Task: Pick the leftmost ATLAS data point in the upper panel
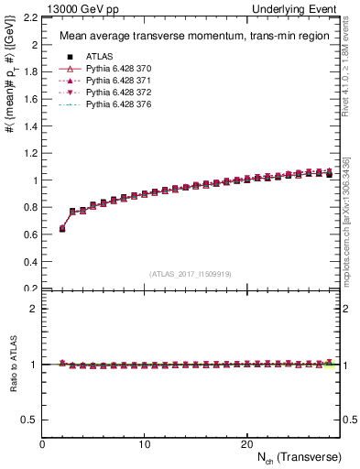point(62,229)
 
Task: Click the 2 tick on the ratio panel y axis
point(34,309)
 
